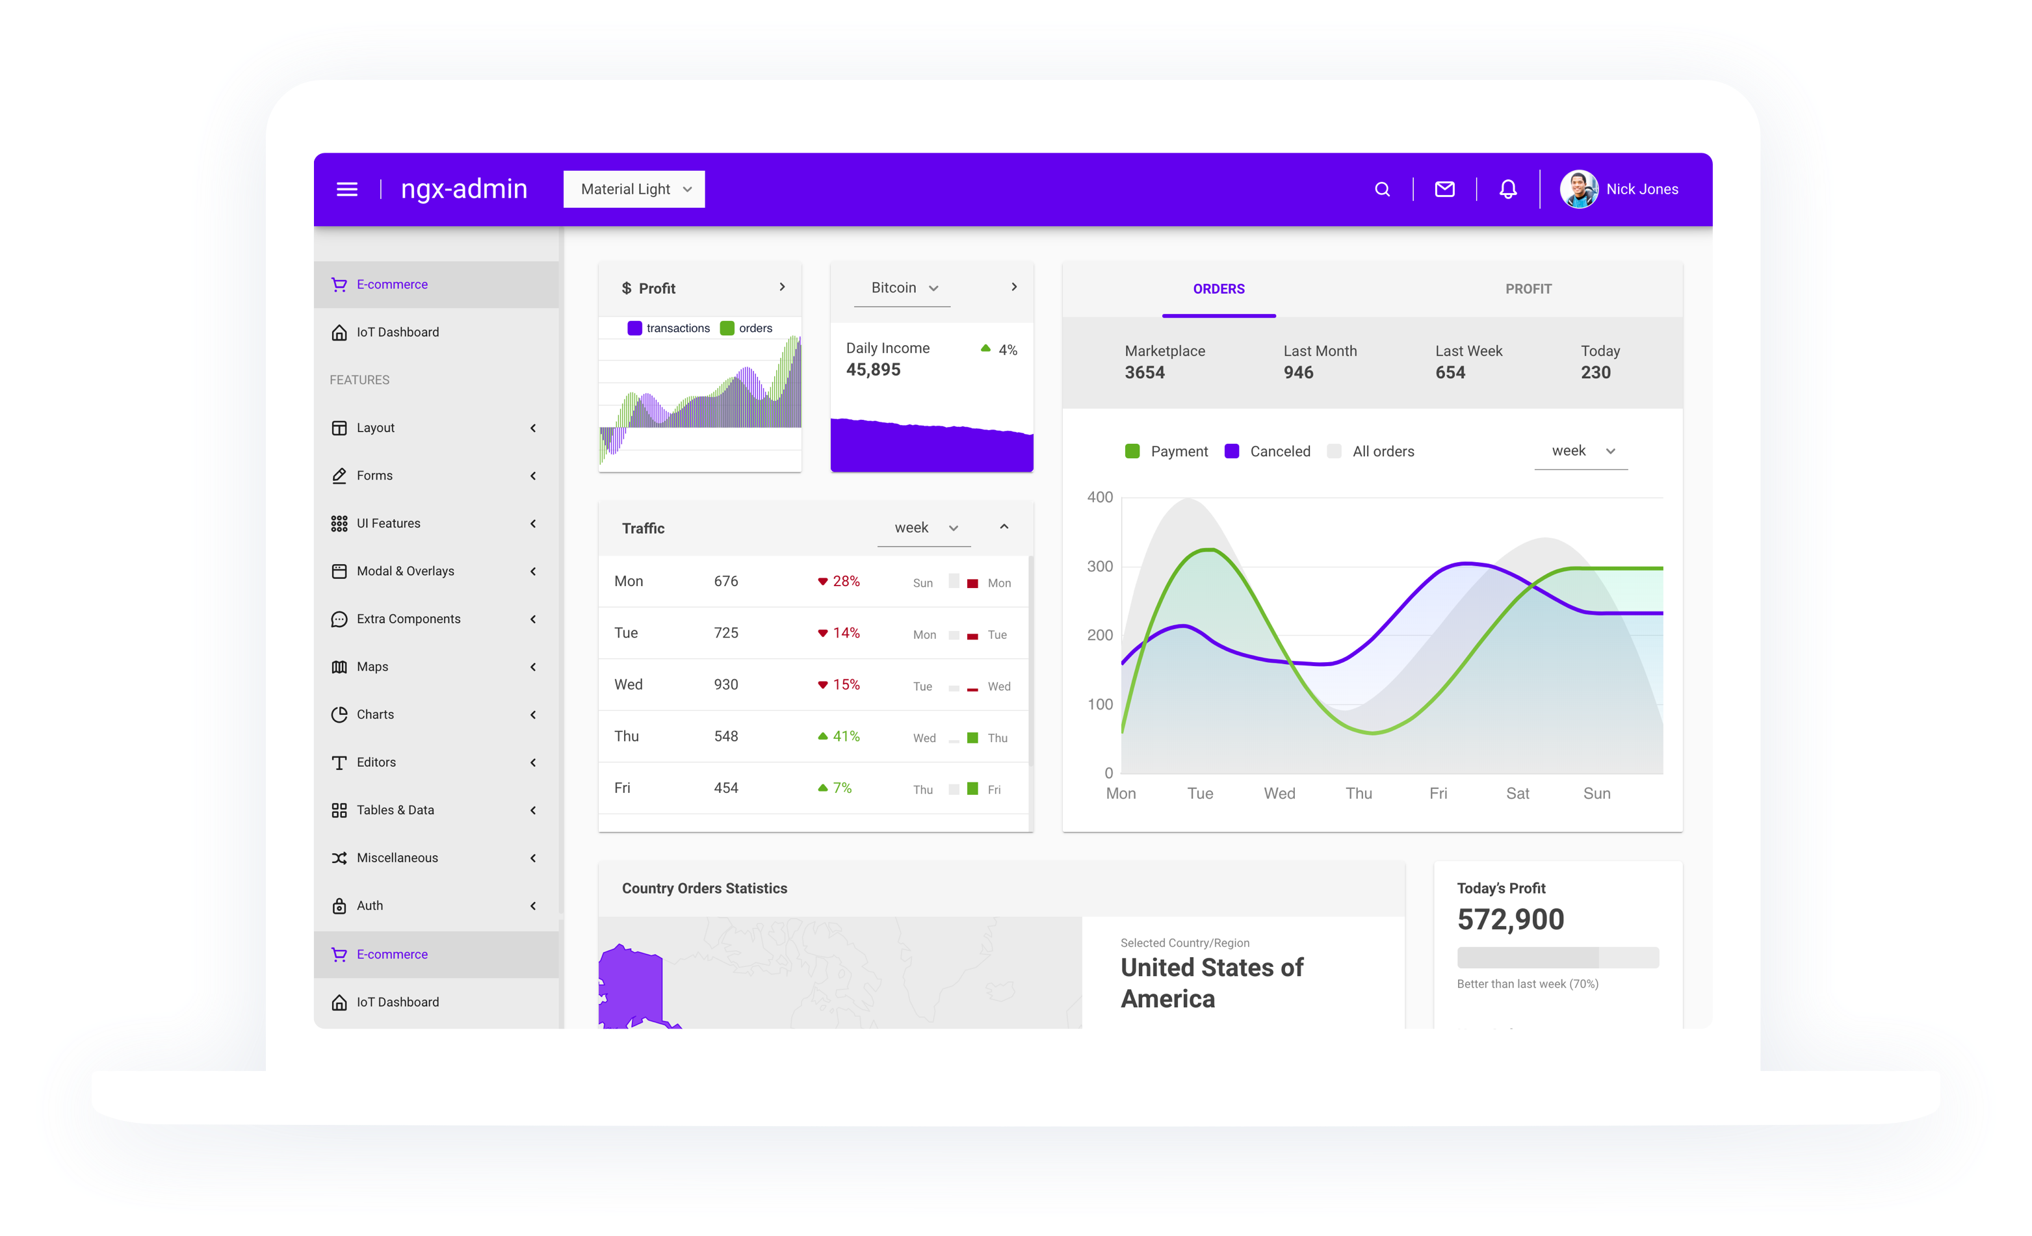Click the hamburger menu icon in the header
[x=347, y=190]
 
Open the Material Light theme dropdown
[x=633, y=190]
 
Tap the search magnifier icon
[x=1382, y=190]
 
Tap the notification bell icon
[x=1507, y=190]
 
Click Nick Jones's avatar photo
[x=1578, y=190]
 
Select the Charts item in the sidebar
[x=375, y=714]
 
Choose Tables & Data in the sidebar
[x=395, y=810]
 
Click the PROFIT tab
[x=1528, y=289]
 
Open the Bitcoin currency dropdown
[x=903, y=288]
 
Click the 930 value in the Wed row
[x=725, y=684]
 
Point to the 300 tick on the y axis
[x=1099, y=567]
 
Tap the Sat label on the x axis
[x=1517, y=793]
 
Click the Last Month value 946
[x=1298, y=373]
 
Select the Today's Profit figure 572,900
[x=1510, y=920]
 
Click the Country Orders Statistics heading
[x=704, y=888]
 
